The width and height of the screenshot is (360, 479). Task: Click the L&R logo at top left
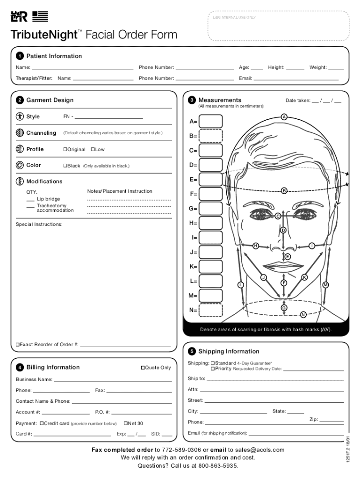(19, 17)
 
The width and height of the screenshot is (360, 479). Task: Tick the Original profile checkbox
(65, 150)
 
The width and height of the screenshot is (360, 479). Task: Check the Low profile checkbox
(93, 150)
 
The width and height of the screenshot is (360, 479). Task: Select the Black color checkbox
(65, 166)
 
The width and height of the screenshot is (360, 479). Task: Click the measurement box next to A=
(211, 121)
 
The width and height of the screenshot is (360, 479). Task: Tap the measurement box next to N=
(211, 310)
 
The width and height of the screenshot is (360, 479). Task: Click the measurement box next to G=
(211, 209)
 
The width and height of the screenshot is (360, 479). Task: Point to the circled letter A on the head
(284, 117)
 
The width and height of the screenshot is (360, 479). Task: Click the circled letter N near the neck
(303, 314)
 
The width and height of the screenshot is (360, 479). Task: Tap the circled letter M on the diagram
(325, 285)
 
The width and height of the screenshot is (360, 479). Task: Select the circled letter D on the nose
(283, 230)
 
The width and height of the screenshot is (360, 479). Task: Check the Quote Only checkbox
(143, 368)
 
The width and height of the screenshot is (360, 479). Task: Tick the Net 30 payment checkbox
(126, 423)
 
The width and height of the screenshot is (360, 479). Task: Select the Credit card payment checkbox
(42, 423)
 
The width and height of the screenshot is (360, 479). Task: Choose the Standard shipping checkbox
(213, 363)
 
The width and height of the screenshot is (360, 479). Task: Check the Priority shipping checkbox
(213, 369)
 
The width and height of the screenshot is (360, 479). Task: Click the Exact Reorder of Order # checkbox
(18, 345)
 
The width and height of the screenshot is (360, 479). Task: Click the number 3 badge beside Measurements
(192, 100)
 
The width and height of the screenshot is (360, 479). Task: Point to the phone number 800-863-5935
(218, 466)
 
